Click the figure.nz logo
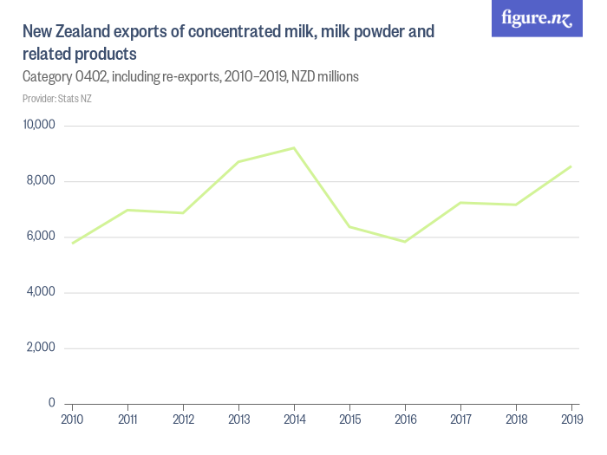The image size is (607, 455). click(537, 18)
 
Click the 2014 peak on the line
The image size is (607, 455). click(295, 148)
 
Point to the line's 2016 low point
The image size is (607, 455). click(405, 242)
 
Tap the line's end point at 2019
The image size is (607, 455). click(571, 166)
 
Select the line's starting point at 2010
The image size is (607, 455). click(73, 243)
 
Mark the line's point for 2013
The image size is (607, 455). click(239, 162)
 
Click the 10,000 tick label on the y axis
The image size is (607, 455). click(38, 126)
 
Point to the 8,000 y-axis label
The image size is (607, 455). click(41, 181)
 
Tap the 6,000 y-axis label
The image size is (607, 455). click(41, 237)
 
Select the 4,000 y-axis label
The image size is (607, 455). click(41, 292)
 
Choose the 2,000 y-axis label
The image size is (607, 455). click(41, 348)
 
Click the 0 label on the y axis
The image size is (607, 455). click(51, 403)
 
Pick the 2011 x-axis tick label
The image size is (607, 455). click(128, 420)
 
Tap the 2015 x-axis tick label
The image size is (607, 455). click(350, 420)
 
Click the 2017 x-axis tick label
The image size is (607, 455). click(461, 420)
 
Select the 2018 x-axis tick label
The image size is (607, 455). click(517, 420)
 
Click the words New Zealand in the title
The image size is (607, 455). click(65, 33)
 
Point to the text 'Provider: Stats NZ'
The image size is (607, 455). click(57, 99)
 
